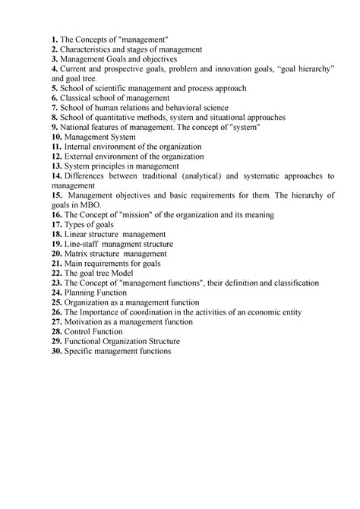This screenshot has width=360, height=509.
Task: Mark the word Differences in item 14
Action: pos(90,176)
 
